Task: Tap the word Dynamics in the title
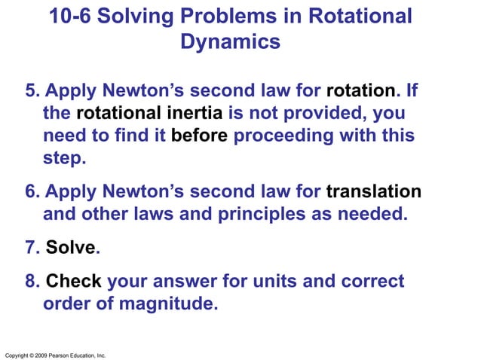click(x=231, y=42)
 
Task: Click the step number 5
click(x=32, y=92)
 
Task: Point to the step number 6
click(x=32, y=191)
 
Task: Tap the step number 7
click(x=32, y=247)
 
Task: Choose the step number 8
click(x=32, y=282)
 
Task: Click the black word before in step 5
click(x=200, y=137)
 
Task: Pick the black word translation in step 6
click(x=373, y=191)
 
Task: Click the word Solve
click(x=71, y=247)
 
